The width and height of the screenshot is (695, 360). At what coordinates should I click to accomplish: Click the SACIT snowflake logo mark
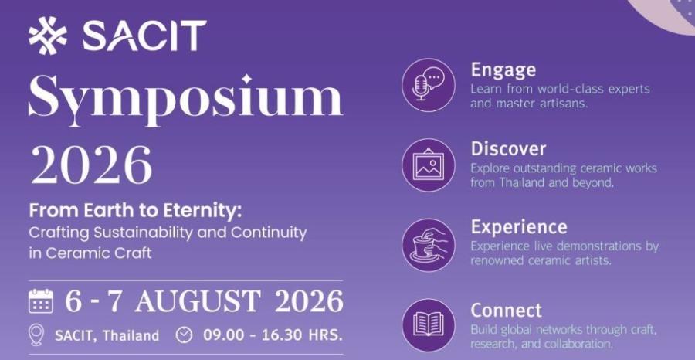tap(48, 36)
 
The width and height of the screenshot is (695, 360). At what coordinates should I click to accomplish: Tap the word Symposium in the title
tap(185, 100)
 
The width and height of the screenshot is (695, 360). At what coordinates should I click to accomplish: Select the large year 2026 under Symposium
tap(91, 164)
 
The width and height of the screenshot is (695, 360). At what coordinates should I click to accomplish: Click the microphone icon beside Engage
tap(428, 85)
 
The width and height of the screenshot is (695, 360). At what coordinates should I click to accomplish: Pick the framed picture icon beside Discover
tap(428, 165)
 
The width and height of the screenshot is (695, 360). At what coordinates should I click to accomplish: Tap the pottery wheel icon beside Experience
tap(428, 245)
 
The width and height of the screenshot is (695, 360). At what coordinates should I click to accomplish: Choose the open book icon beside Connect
tap(428, 325)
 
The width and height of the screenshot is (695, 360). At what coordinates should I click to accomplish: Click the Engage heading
tap(503, 70)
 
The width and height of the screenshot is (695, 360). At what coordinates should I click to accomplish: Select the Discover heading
tap(508, 149)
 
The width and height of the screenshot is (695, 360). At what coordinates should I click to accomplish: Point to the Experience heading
tap(519, 227)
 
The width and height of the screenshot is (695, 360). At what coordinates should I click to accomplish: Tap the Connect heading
tap(506, 311)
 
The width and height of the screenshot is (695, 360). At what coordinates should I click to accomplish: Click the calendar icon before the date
tap(41, 301)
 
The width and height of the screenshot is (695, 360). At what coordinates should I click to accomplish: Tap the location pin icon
tap(36, 335)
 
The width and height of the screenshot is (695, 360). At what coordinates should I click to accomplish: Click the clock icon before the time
tap(185, 335)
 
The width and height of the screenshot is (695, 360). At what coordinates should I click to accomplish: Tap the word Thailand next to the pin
tap(131, 335)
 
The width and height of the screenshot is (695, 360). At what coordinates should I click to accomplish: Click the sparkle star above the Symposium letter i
tap(246, 80)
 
